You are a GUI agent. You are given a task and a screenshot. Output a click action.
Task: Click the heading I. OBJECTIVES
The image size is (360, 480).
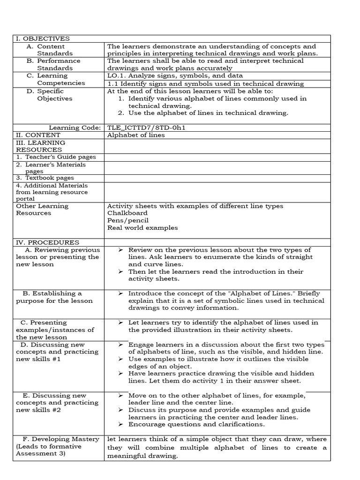(x=43, y=39)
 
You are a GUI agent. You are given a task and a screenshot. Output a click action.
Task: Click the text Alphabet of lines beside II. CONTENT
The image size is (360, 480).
(x=136, y=135)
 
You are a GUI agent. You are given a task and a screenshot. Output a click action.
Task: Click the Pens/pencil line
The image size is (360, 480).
(x=128, y=220)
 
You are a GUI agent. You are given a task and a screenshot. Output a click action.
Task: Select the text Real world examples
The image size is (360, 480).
(x=142, y=228)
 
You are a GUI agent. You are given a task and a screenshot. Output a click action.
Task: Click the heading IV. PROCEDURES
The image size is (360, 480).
(x=47, y=243)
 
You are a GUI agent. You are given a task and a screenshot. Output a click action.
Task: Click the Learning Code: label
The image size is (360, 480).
(x=75, y=127)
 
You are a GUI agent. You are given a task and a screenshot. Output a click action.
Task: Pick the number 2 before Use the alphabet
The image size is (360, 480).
(x=120, y=113)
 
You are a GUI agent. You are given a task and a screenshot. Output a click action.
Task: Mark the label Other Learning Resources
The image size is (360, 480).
(x=42, y=210)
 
